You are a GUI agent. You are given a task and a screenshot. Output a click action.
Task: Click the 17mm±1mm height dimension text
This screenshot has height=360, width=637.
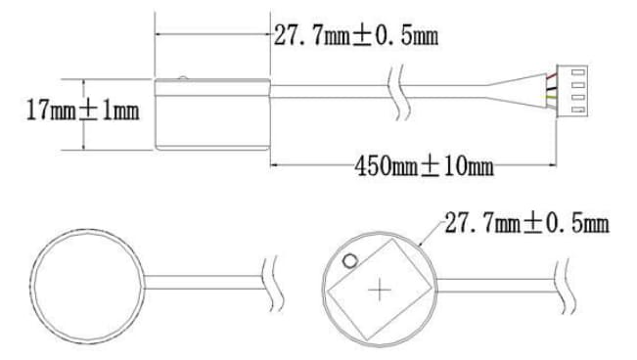pyautogui.click(x=81, y=111)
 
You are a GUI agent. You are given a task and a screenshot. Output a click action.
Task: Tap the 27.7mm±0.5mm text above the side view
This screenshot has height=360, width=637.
pyautogui.click(x=355, y=36)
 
